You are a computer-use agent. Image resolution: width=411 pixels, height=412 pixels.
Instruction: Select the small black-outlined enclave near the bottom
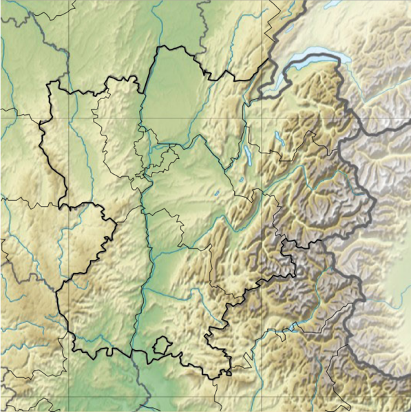coord(160,345)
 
